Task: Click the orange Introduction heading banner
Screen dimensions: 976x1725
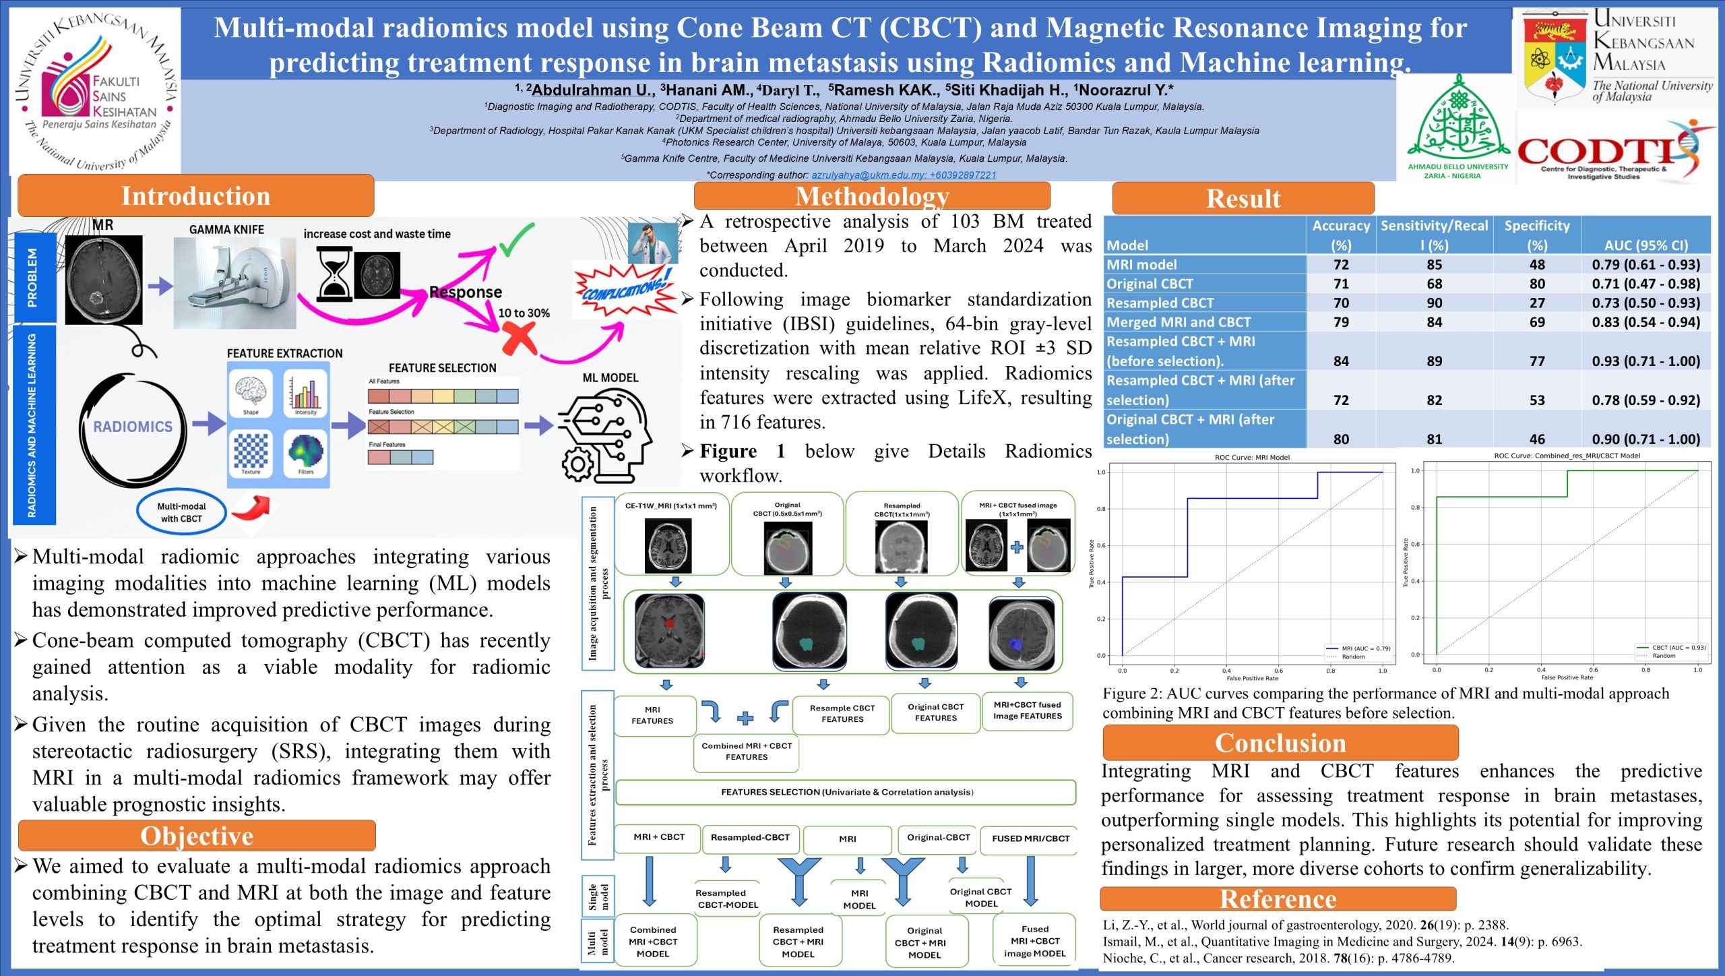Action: tap(195, 196)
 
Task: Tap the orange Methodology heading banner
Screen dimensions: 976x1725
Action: tap(872, 196)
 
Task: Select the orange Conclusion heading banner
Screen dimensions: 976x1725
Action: tap(1280, 743)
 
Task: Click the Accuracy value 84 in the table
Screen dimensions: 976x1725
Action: tap(1341, 361)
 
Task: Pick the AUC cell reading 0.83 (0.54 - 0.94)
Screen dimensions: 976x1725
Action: tap(1645, 322)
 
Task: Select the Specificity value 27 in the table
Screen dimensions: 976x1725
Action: tap(1537, 303)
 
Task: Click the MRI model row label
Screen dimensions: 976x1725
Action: tap(1141, 265)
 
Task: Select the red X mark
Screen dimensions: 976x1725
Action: tap(520, 337)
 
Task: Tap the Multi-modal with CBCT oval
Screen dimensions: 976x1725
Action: tap(181, 512)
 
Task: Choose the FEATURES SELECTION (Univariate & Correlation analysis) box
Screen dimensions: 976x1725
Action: tap(846, 792)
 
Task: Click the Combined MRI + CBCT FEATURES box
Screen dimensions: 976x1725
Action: tap(746, 752)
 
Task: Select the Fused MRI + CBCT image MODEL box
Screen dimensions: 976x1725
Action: tap(1034, 941)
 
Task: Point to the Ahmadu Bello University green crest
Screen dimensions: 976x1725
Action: tap(1458, 121)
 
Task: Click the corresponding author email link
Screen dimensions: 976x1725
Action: tap(903, 175)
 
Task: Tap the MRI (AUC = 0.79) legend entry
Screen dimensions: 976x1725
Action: tap(1358, 648)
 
